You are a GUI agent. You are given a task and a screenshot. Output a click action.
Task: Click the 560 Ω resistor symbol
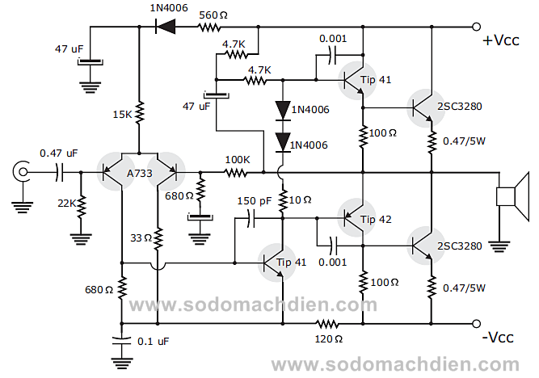[210, 27]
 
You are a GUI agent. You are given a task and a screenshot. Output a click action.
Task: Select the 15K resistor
[139, 113]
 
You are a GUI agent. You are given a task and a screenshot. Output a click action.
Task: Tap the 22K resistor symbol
[81, 204]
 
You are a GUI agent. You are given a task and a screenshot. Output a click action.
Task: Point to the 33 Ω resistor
[158, 238]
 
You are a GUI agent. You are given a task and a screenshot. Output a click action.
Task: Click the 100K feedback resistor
[237, 172]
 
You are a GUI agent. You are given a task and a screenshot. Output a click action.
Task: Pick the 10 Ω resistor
[282, 200]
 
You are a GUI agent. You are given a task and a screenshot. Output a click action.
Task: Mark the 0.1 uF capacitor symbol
[121, 341]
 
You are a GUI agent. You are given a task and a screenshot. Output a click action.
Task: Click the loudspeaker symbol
[506, 197]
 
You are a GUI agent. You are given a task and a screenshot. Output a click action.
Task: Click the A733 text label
[139, 172]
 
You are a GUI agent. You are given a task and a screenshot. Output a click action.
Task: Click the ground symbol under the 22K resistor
[81, 238]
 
